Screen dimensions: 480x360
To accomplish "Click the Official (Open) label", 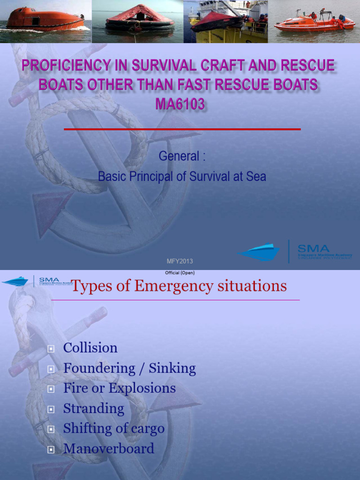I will tap(180, 273).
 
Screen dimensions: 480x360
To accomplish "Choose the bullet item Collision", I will tap(90, 348).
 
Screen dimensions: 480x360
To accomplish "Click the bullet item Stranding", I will tap(94, 408).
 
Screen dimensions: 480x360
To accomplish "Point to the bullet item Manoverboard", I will tap(109, 449).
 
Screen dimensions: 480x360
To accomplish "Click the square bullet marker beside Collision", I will tap(51, 349).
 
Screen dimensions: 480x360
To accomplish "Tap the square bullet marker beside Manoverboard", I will tap(51, 450).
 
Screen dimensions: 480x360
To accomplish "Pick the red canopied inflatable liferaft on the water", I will tap(140, 18).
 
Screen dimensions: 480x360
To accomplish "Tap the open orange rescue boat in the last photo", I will tap(309, 22).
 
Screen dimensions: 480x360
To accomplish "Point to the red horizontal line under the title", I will tap(182, 129).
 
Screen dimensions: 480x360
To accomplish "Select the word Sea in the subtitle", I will tap(256, 177).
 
